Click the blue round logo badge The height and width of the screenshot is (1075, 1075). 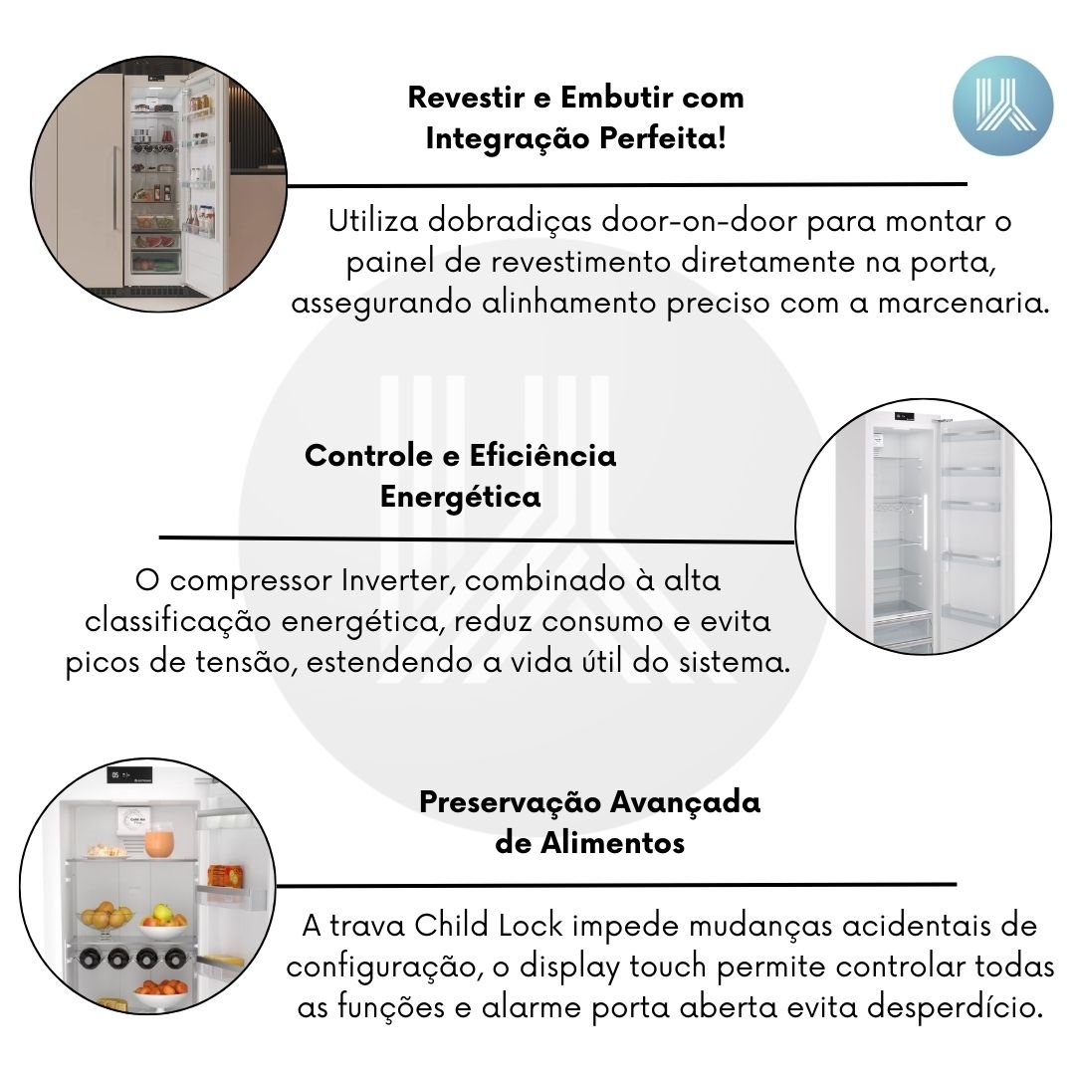(x=1002, y=106)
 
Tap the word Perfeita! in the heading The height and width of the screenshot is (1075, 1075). (x=663, y=138)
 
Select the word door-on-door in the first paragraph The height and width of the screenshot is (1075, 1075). (x=699, y=221)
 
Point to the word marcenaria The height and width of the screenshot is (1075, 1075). (x=964, y=303)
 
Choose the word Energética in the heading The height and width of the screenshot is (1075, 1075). (x=461, y=497)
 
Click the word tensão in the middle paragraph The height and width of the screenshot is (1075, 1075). (x=246, y=662)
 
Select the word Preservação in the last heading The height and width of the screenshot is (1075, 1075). (x=511, y=802)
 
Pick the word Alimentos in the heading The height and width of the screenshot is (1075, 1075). (x=612, y=843)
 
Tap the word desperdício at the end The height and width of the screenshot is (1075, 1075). (x=955, y=1007)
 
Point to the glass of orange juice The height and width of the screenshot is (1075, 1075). (x=159, y=840)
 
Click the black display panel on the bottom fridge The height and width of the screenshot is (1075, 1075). (x=130, y=774)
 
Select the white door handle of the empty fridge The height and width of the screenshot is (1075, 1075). (x=925, y=522)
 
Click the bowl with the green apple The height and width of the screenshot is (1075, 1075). (x=163, y=922)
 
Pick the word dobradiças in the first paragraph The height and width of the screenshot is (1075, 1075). (x=510, y=222)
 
